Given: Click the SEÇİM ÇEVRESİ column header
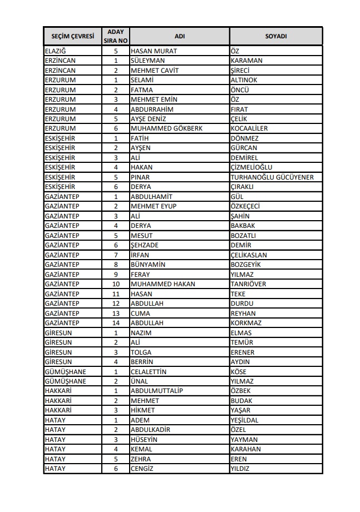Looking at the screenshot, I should pyautogui.click(x=72, y=36).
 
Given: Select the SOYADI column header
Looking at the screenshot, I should pyautogui.click(x=275, y=36).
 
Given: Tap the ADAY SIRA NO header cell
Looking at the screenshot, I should pyautogui.click(x=116, y=36).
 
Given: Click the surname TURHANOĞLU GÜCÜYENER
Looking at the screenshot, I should pyautogui.click(x=272, y=177).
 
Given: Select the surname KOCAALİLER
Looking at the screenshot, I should pyautogui.click(x=249, y=128).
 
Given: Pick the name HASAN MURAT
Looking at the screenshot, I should pyautogui.click(x=154, y=51).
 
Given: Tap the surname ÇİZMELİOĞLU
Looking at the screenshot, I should pyautogui.click(x=252, y=167).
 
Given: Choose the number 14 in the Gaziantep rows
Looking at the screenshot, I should pyautogui.click(x=116, y=323).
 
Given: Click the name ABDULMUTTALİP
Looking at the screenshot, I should pyautogui.click(x=156, y=391).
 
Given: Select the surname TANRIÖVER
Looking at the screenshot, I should pyautogui.click(x=248, y=284).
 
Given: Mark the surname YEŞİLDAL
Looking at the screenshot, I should pyautogui.click(x=244, y=420).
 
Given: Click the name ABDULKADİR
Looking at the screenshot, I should pyautogui.click(x=150, y=430).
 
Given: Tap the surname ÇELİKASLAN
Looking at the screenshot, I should pyautogui.click(x=249, y=255).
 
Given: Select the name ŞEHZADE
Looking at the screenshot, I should pyautogui.click(x=145, y=245).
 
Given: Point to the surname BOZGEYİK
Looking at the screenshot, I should pyautogui.click(x=245, y=265).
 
